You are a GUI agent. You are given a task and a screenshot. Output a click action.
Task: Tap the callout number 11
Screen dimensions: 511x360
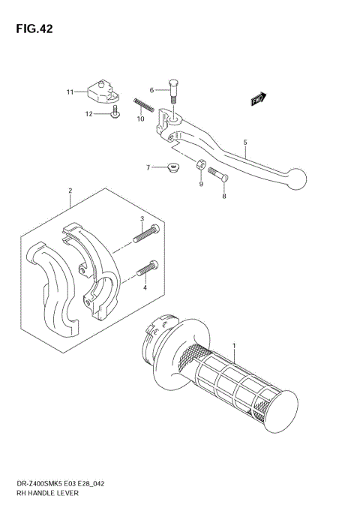[x=70, y=92]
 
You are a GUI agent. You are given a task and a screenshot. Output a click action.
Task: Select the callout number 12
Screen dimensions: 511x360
[x=88, y=114]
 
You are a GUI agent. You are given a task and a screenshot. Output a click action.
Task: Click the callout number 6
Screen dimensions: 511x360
[x=151, y=90]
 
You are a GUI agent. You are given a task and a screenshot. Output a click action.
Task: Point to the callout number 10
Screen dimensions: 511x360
[x=140, y=119]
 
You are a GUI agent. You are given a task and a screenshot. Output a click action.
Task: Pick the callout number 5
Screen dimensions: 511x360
[x=244, y=141]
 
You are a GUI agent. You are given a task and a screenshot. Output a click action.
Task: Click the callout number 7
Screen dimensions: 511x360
[x=148, y=167]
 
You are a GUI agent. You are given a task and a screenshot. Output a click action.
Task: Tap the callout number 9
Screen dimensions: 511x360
[x=201, y=183]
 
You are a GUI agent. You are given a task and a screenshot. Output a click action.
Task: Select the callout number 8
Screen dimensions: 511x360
[x=223, y=196]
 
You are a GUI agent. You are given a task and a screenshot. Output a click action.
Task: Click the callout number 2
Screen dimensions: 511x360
[x=70, y=191]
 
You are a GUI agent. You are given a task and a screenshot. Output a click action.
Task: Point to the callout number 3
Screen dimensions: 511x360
[x=141, y=218]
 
